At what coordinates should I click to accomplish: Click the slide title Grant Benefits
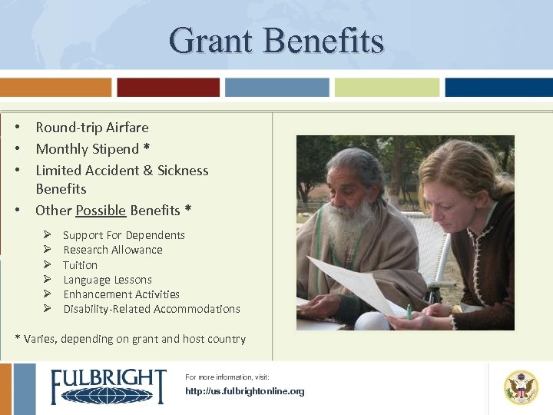point(276,40)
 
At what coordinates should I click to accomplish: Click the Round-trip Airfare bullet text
point(92,128)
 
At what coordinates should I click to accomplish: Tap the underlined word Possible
point(101,211)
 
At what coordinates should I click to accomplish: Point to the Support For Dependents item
point(124,235)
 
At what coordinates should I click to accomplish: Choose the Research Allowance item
point(113,250)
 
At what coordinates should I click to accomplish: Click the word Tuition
point(81,265)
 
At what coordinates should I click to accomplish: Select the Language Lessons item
point(108,280)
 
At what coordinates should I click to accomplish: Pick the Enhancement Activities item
point(121,294)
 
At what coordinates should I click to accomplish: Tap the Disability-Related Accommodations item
point(151,309)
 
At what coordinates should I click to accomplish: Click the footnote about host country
point(131,339)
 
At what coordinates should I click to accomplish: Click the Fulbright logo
point(108,387)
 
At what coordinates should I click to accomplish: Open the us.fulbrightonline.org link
point(245,391)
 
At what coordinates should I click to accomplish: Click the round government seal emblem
point(521,387)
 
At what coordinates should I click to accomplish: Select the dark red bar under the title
point(168,88)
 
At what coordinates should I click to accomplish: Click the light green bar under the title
point(387,88)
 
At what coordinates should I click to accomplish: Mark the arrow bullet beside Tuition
point(47,265)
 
